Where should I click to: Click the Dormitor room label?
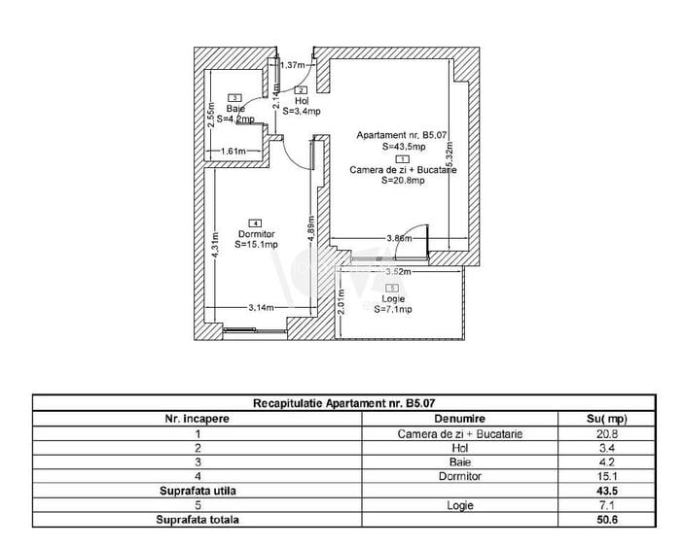256,234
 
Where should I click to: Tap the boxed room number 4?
255,222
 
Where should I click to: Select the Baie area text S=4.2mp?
236,120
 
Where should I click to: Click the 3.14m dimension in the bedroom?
261,308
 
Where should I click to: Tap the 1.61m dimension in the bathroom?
233,151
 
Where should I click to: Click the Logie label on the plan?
393,299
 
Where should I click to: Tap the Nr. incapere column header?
198,418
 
